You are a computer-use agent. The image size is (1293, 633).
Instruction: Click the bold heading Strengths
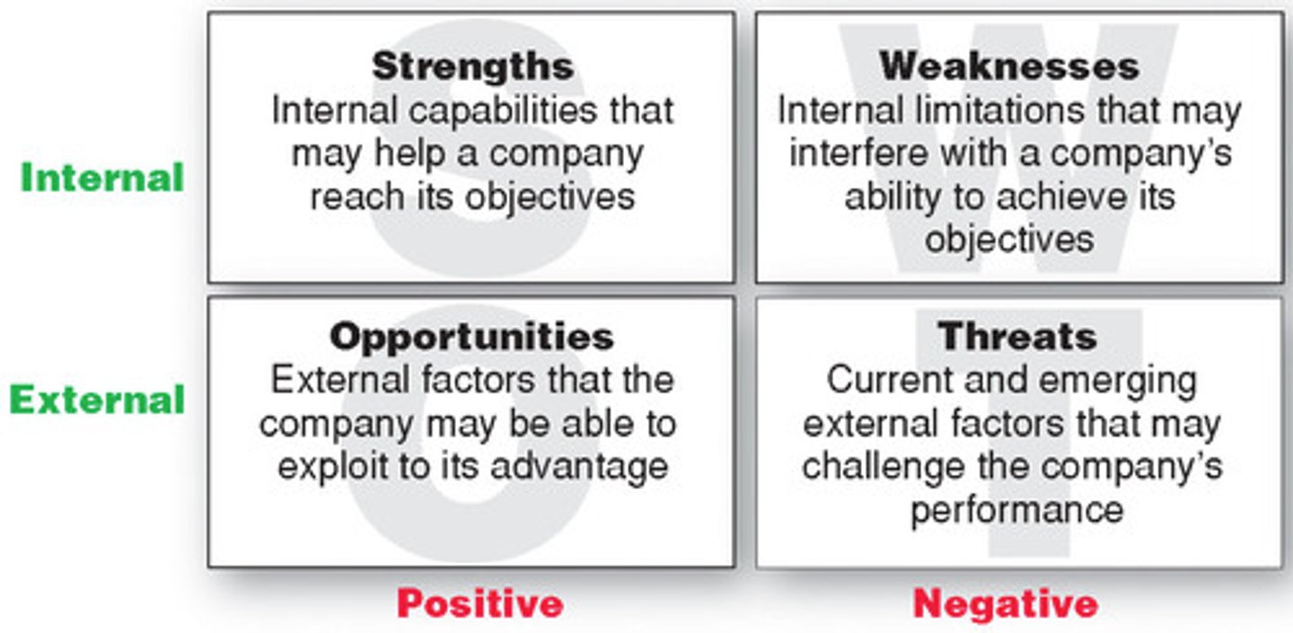tap(472, 66)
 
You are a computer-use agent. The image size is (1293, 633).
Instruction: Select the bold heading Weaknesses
tap(1009, 66)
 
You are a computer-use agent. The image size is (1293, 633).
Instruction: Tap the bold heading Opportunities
tap(471, 338)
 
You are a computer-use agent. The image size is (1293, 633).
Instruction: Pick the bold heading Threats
tap(1017, 338)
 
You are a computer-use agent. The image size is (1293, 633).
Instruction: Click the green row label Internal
tap(102, 178)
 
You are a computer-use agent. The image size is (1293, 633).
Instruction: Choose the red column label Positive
tap(479, 603)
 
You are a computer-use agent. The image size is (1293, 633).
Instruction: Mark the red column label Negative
tap(1006, 603)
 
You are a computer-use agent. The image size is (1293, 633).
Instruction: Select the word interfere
tap(858, 154)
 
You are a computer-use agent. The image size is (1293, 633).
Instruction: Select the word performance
tap(1016, 510)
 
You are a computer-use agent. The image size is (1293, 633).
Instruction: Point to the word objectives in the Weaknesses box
tap(1009, 240)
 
